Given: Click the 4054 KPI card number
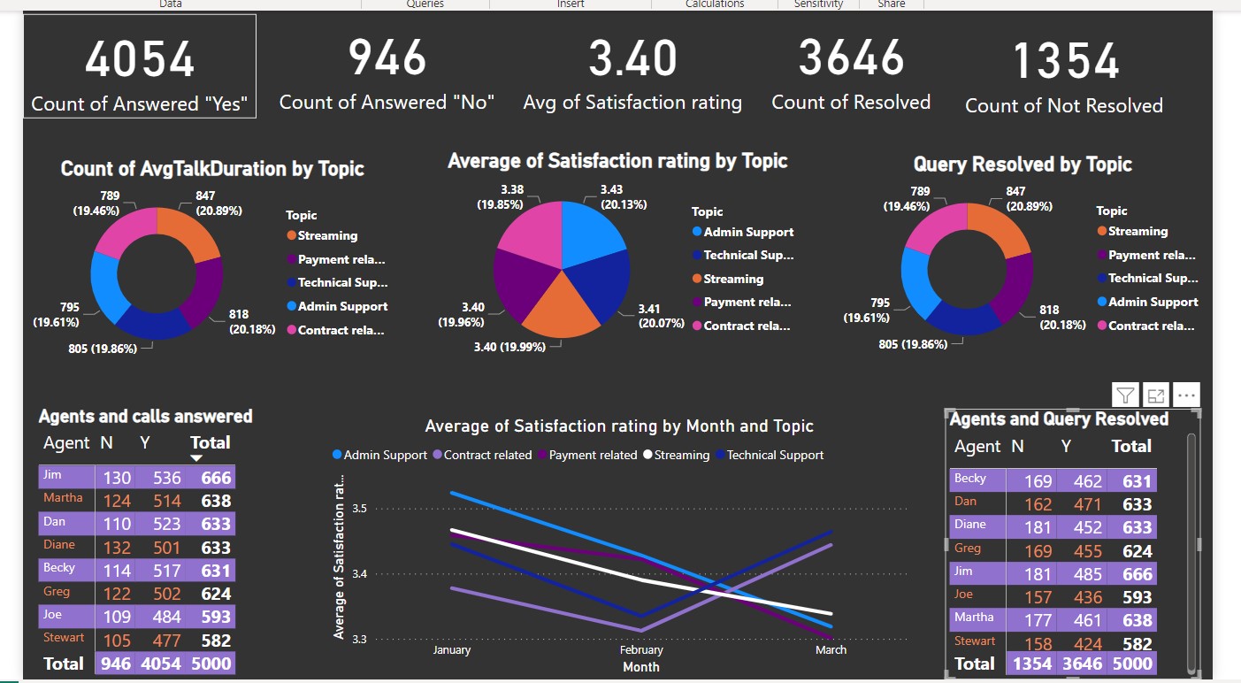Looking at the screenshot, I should coord(139,60).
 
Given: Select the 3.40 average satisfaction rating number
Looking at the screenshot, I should coord(632,59).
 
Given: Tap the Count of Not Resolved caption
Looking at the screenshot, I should coord(1063,106).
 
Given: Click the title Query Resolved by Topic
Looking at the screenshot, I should coord(1022,165).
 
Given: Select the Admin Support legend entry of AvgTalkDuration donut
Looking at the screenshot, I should coord(342,306).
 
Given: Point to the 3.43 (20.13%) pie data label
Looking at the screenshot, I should coord(623,196).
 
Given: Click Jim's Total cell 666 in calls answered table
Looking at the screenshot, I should coord(216,478).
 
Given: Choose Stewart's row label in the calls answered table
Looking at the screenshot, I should coord(64,637).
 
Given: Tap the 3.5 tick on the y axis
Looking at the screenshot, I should coord(359,509).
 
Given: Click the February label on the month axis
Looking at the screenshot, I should coord(641,649).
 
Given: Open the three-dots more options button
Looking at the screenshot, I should coord(1186,395).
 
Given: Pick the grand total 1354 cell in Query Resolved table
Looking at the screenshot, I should coord(1031,664).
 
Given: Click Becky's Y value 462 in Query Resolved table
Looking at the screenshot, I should coord(1087,481).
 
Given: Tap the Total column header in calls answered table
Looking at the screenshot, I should coord(210,442).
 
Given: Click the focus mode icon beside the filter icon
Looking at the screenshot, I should coord(1155,395).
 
